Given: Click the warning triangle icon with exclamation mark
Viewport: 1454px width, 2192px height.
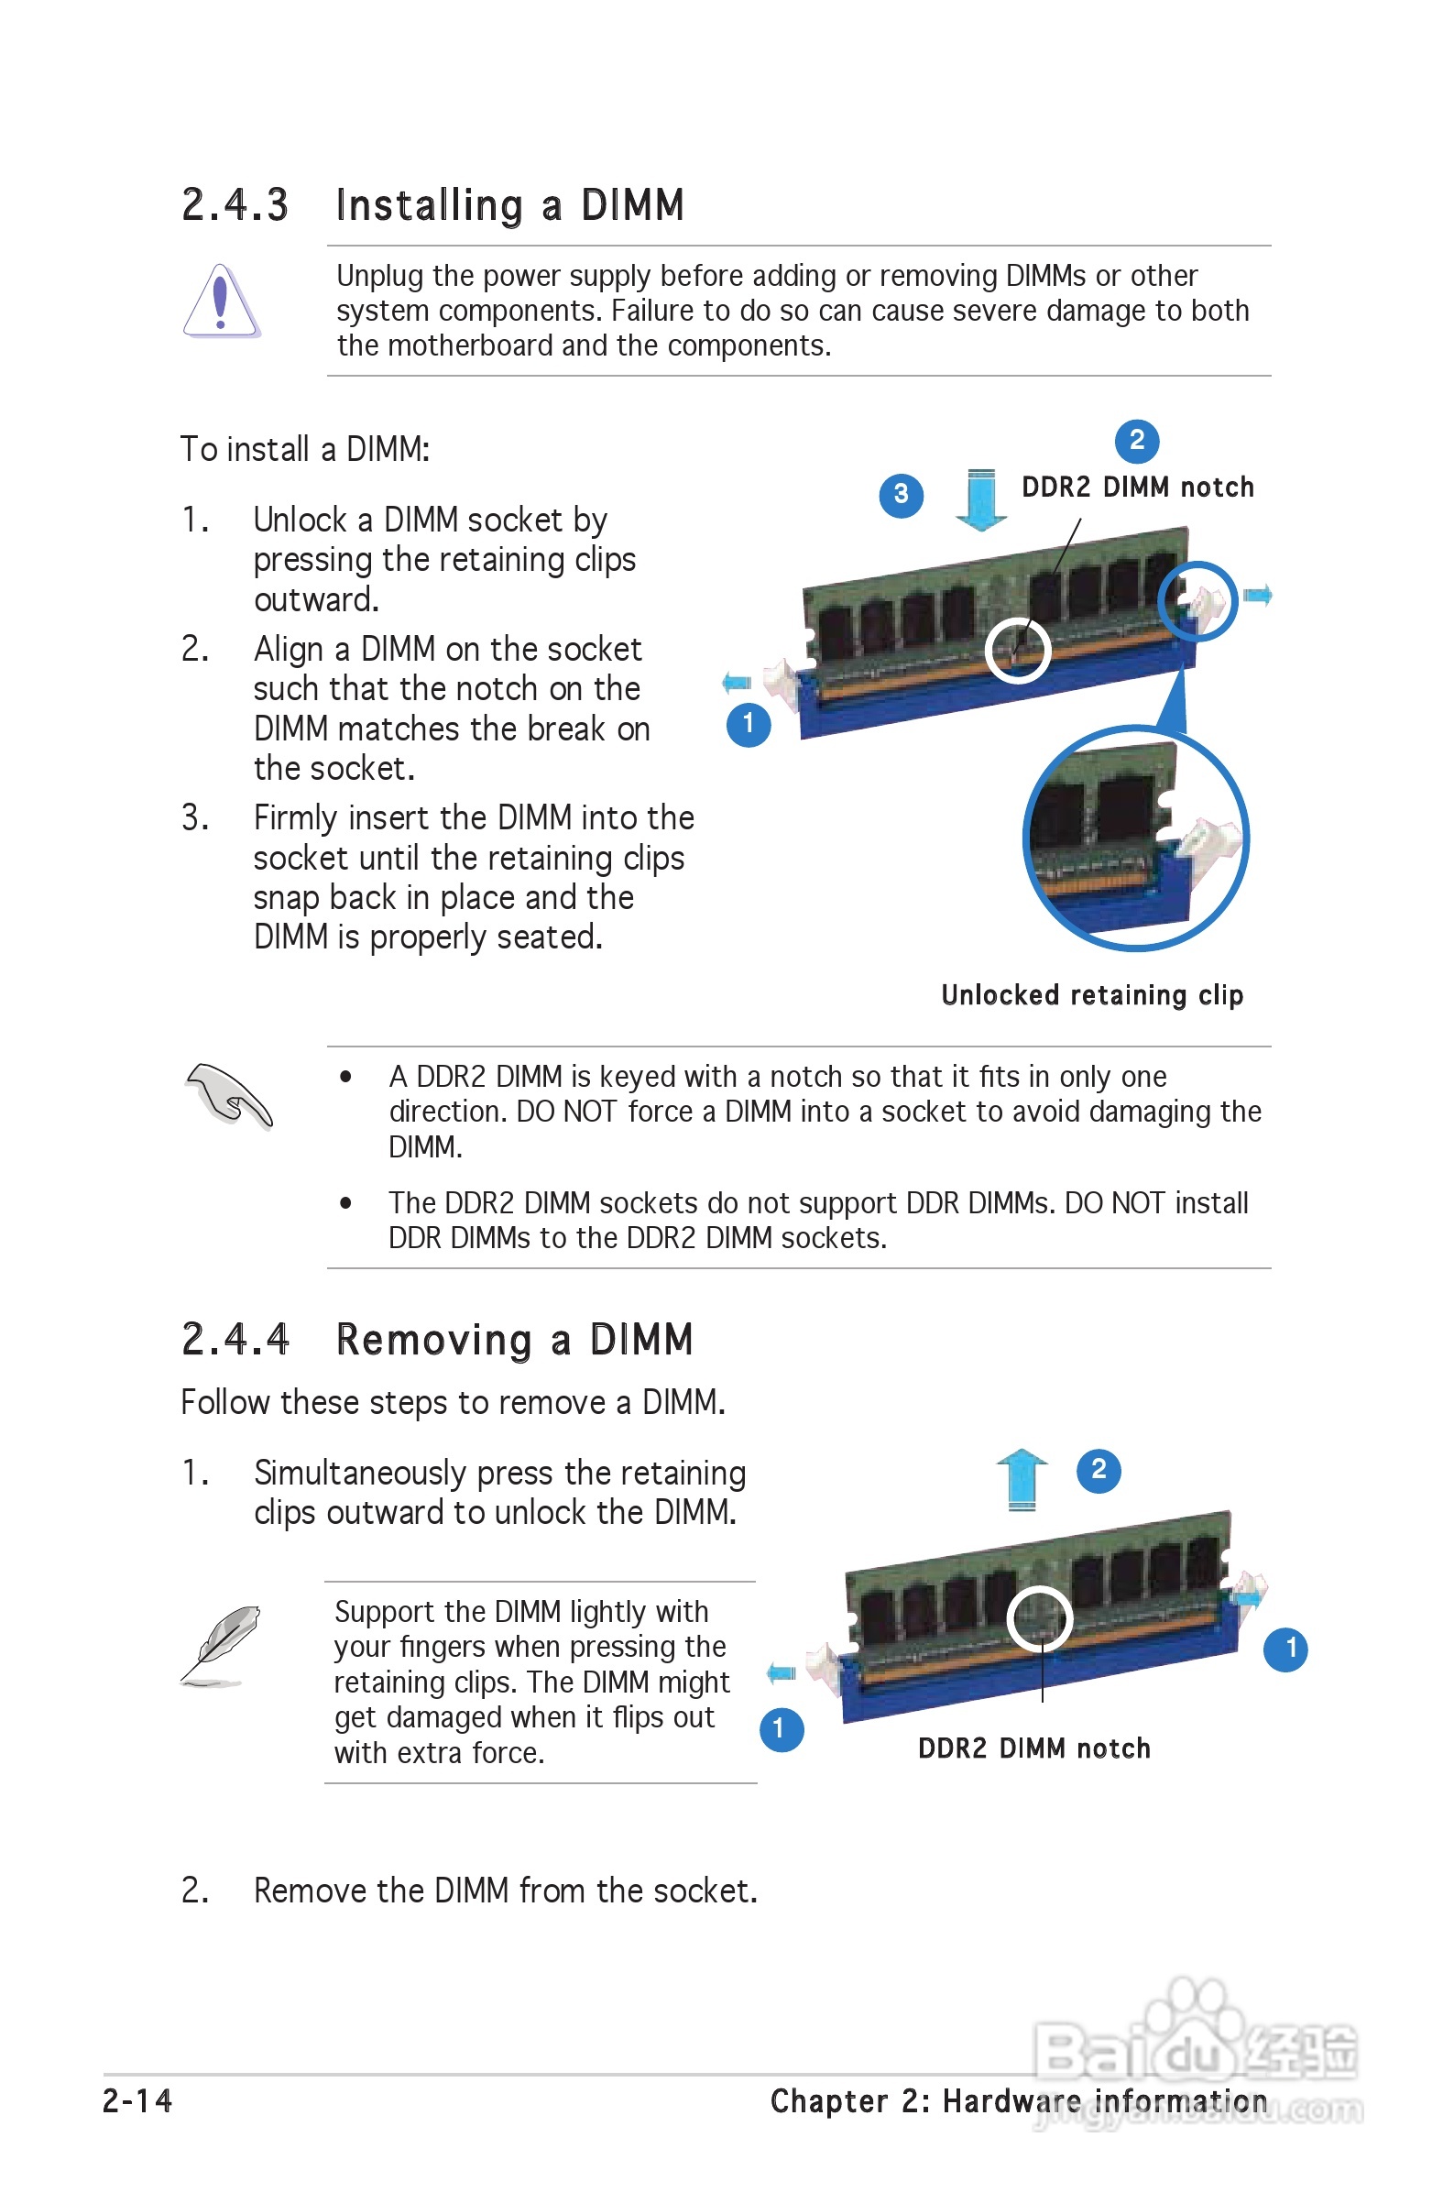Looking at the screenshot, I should point(221,301).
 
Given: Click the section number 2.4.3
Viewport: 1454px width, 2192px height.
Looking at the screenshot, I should point(235,205).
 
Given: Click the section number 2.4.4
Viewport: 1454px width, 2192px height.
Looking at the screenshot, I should point(235,1340).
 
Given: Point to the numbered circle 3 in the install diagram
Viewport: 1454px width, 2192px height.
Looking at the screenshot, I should point(901,494).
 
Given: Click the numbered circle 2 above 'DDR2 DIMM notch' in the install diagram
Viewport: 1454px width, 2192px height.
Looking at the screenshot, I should point(1136,441).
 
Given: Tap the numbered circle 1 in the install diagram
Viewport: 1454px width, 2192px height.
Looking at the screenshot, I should point(749,724).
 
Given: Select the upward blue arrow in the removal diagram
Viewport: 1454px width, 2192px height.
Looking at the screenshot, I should point(1022,1478).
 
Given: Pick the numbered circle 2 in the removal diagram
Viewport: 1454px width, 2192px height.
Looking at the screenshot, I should point(1099,1470).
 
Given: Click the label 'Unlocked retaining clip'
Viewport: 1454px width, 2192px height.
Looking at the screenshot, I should point(1091,995).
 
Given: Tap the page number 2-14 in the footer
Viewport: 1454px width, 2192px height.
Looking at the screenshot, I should point(137,2100).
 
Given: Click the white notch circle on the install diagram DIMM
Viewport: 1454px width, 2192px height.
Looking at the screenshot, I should point(1017,650).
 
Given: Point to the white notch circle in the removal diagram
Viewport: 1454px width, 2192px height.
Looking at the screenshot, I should point(1040,1619).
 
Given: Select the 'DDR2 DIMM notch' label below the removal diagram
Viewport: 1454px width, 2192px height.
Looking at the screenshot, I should point(1034,1748).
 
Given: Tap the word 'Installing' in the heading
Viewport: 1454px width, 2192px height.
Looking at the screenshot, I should point(430,205).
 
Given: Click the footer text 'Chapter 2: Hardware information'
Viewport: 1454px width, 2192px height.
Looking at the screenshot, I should point(1018,2100).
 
